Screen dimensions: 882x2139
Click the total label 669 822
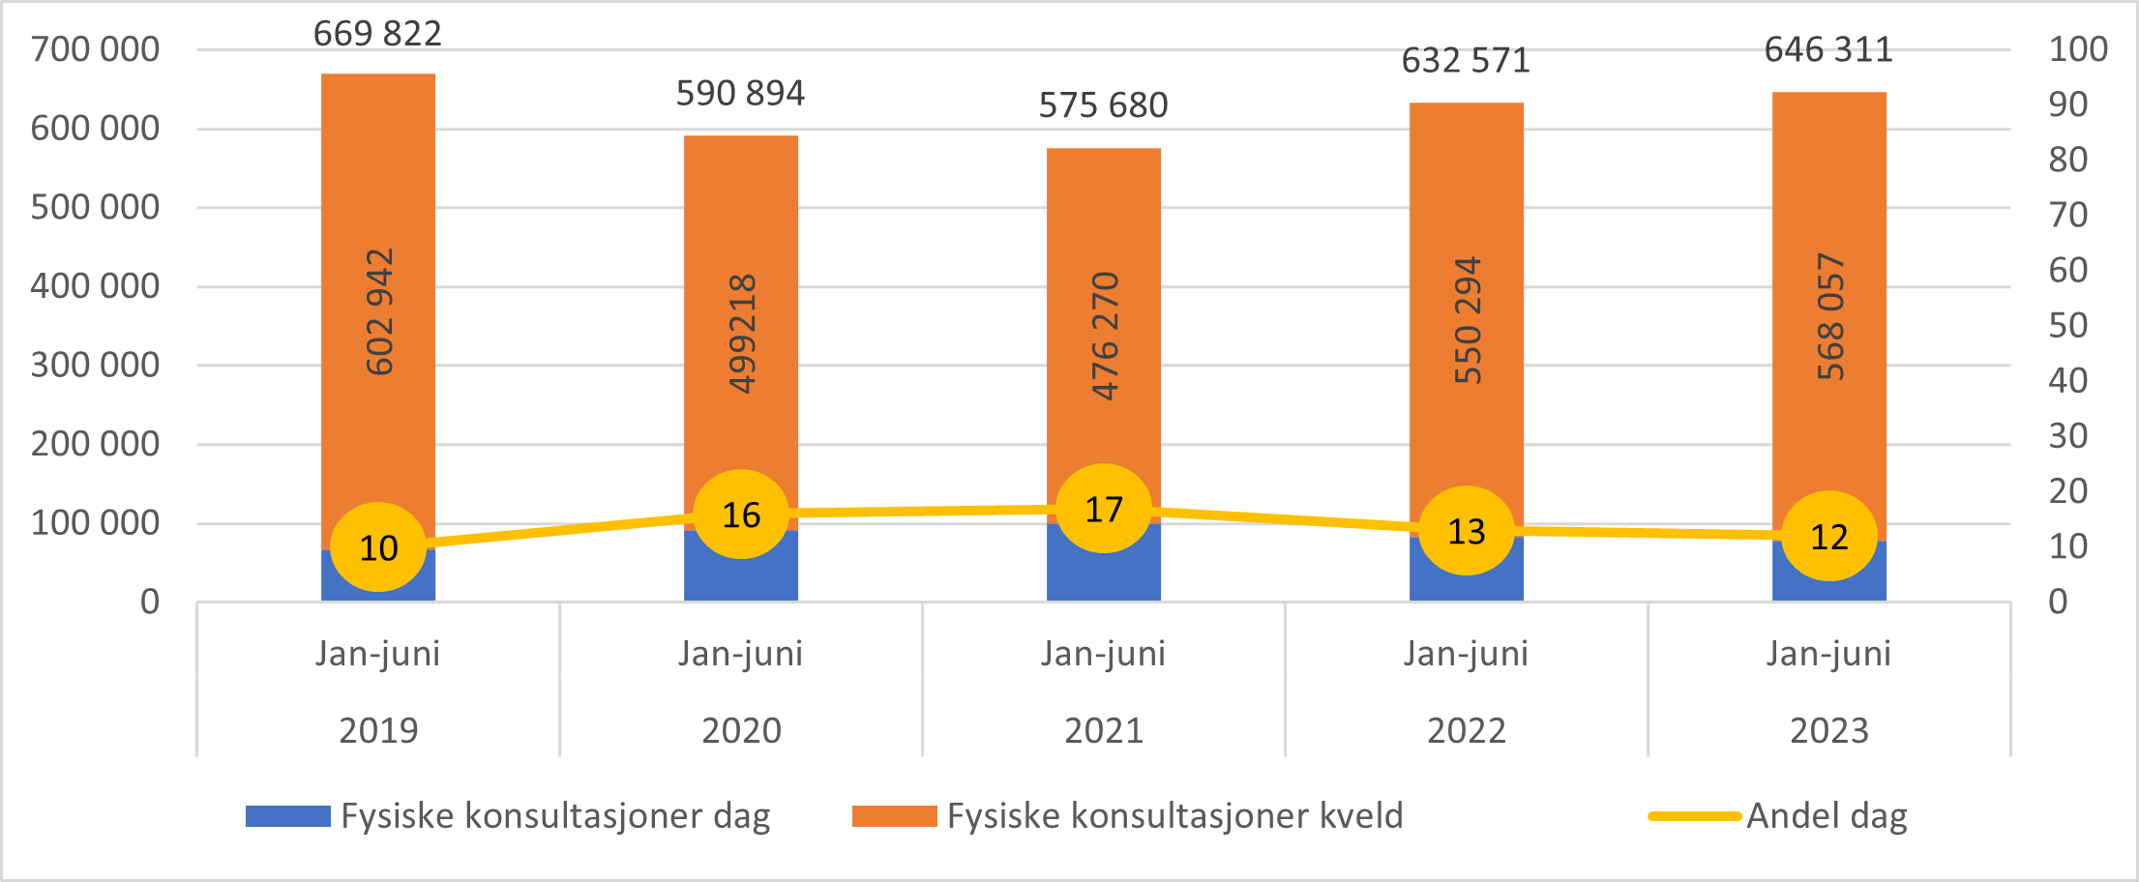tap(377, 34)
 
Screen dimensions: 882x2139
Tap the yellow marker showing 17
tap(1104, 509)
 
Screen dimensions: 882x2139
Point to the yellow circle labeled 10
tap(378, 547)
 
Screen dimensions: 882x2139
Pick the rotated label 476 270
tap(1104, 336)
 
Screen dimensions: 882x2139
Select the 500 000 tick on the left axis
tap(95, 207)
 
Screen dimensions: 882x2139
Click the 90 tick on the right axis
tap(2068, 104)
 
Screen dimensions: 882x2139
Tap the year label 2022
tap(1467, 730)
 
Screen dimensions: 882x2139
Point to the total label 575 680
tap(1104, 105)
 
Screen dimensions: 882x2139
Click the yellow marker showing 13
tap(1467, 531)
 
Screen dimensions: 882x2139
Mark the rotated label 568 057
tap(1829, 316)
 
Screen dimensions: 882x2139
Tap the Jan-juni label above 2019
tap(377, 654)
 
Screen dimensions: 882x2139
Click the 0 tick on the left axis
tap(150, 602)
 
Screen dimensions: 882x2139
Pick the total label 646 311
tap(1828, 50)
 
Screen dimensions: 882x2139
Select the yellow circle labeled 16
tap(741, 514)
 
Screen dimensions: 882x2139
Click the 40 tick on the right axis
tap(2068, 381)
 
